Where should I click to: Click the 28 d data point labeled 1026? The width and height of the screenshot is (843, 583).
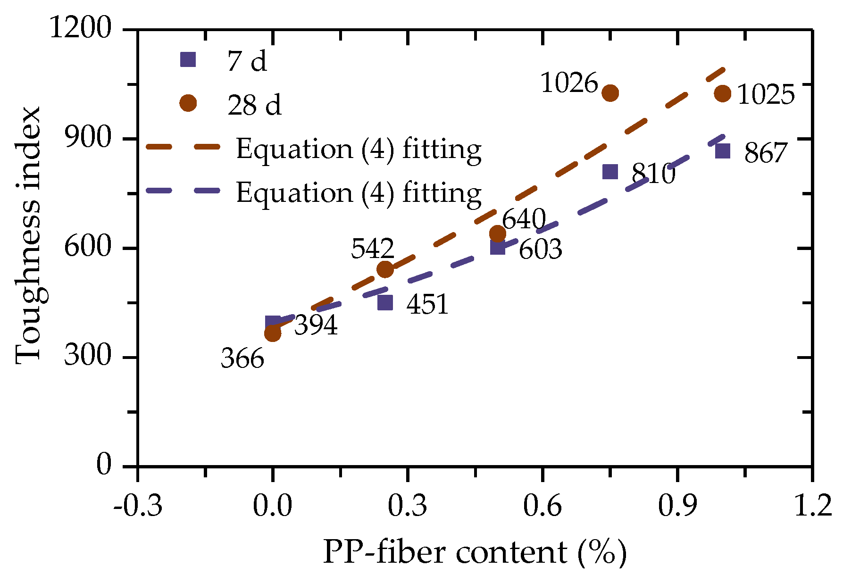(x=610, y=93)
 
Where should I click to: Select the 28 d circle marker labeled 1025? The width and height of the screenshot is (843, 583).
(x=723, y=93)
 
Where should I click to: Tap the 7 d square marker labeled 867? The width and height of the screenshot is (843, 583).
(x=723, y=151)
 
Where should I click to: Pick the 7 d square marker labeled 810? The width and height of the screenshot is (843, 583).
(x=610, y=172)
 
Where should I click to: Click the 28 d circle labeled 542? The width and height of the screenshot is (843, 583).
(x=385, y=269)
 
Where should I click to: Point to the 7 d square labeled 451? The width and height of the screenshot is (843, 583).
(x=385, y=302)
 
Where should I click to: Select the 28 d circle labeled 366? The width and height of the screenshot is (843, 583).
(x=273, y=333)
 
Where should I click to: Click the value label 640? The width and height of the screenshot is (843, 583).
(x=523, y=220)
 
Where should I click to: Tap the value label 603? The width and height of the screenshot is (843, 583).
(x=540, y=249)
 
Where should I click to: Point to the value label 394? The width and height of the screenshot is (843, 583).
(x=316, y=325)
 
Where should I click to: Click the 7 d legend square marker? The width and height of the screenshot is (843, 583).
(x=188, y=59)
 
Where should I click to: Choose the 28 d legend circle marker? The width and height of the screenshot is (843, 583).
(x=188, y=103)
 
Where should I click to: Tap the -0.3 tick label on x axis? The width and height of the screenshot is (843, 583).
(x=138, y=506)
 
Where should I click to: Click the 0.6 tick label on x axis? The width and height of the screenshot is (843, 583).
(x=543, y=506)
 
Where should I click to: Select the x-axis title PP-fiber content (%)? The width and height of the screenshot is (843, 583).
(x=475, y=552)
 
